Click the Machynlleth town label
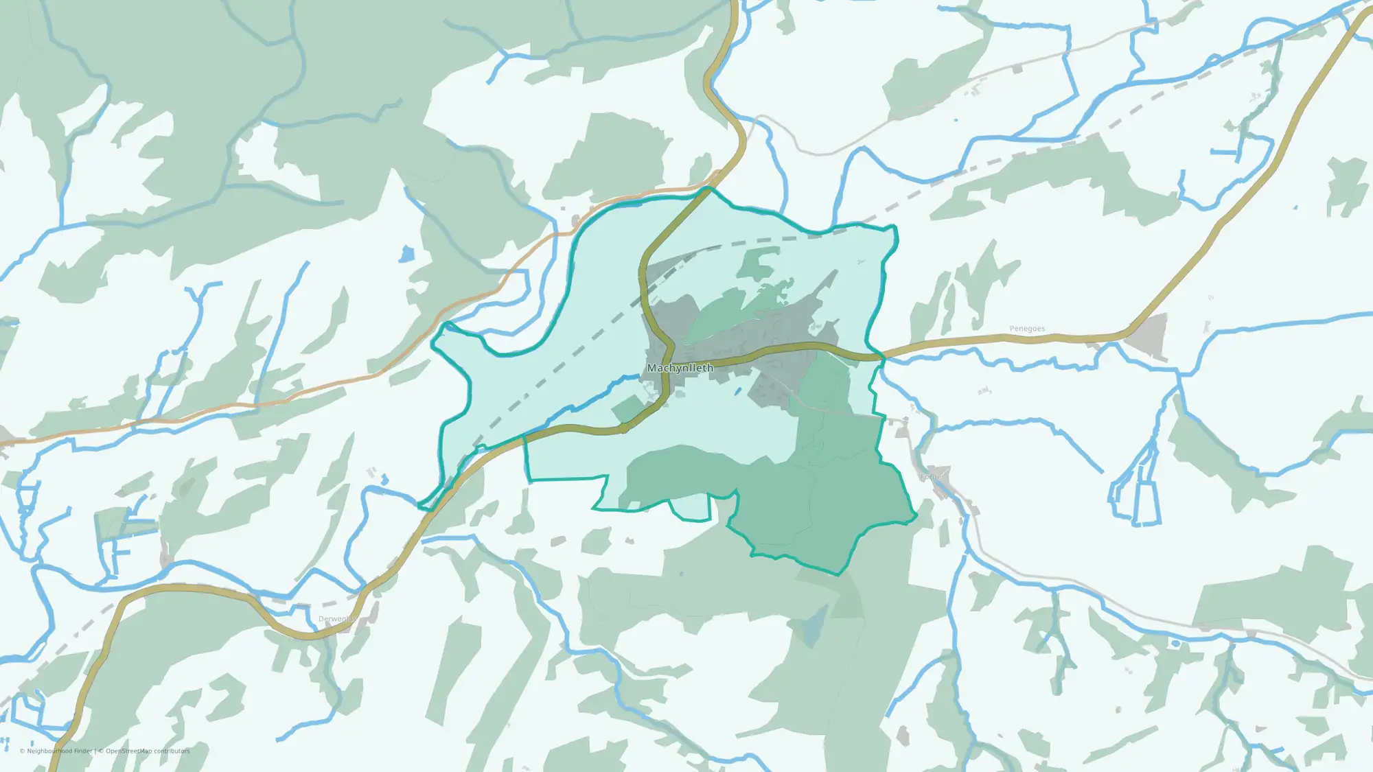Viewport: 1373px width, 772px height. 680,368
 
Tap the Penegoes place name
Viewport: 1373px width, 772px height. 1027,329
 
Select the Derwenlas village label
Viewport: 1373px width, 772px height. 337,619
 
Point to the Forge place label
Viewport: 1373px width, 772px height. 931,477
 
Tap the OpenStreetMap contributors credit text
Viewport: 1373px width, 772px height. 148,751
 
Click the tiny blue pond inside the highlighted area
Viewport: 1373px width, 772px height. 737,392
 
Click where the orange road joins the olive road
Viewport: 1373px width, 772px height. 711,187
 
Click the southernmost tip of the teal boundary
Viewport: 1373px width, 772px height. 838,574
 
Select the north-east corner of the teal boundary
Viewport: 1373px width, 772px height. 895,226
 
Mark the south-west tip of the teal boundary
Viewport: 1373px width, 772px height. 421,506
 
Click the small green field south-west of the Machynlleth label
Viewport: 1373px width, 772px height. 626,409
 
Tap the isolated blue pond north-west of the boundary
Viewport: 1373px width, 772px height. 407,255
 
